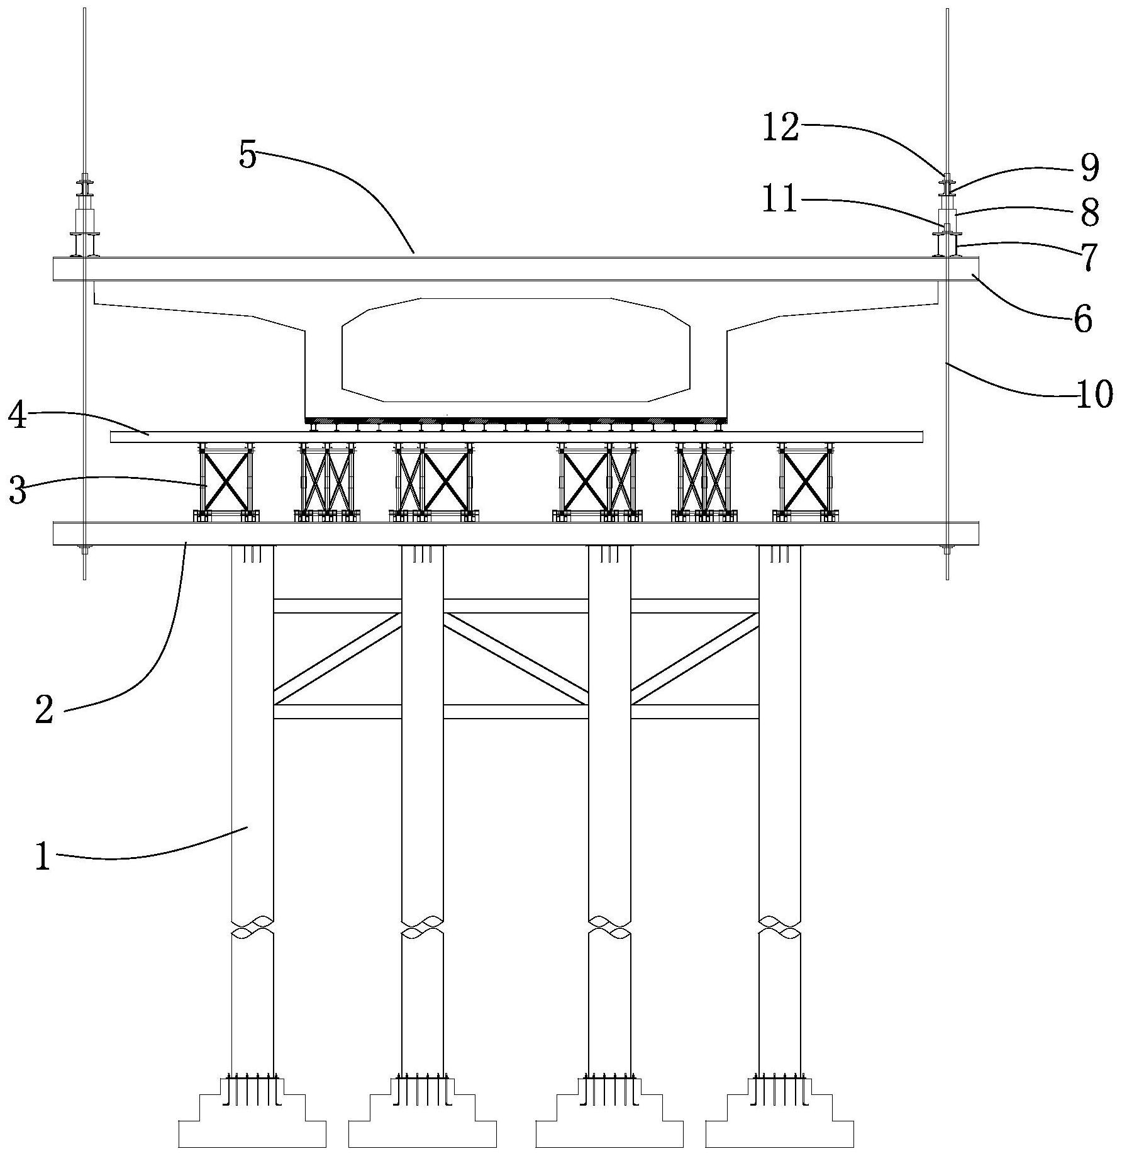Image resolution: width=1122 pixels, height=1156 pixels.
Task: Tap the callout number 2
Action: point(44,711)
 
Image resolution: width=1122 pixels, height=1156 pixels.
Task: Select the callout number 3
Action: point(18,491)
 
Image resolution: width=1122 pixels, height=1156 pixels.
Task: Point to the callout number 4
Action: point(19,416)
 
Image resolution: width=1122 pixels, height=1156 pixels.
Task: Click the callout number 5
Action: point(248,155)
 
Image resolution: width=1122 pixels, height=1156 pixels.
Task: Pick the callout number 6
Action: point(1082,320)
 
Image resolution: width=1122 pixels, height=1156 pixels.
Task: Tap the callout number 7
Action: point(1089,257)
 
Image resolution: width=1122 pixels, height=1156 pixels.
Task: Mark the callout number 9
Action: point(1089,167)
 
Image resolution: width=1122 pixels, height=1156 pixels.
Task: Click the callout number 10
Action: point(1094,395)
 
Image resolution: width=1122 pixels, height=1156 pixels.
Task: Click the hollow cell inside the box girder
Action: point(516,349)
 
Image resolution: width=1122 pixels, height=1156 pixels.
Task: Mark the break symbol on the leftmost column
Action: point(252,928)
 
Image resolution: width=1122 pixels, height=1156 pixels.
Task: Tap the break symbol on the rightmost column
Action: point(779,928)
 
